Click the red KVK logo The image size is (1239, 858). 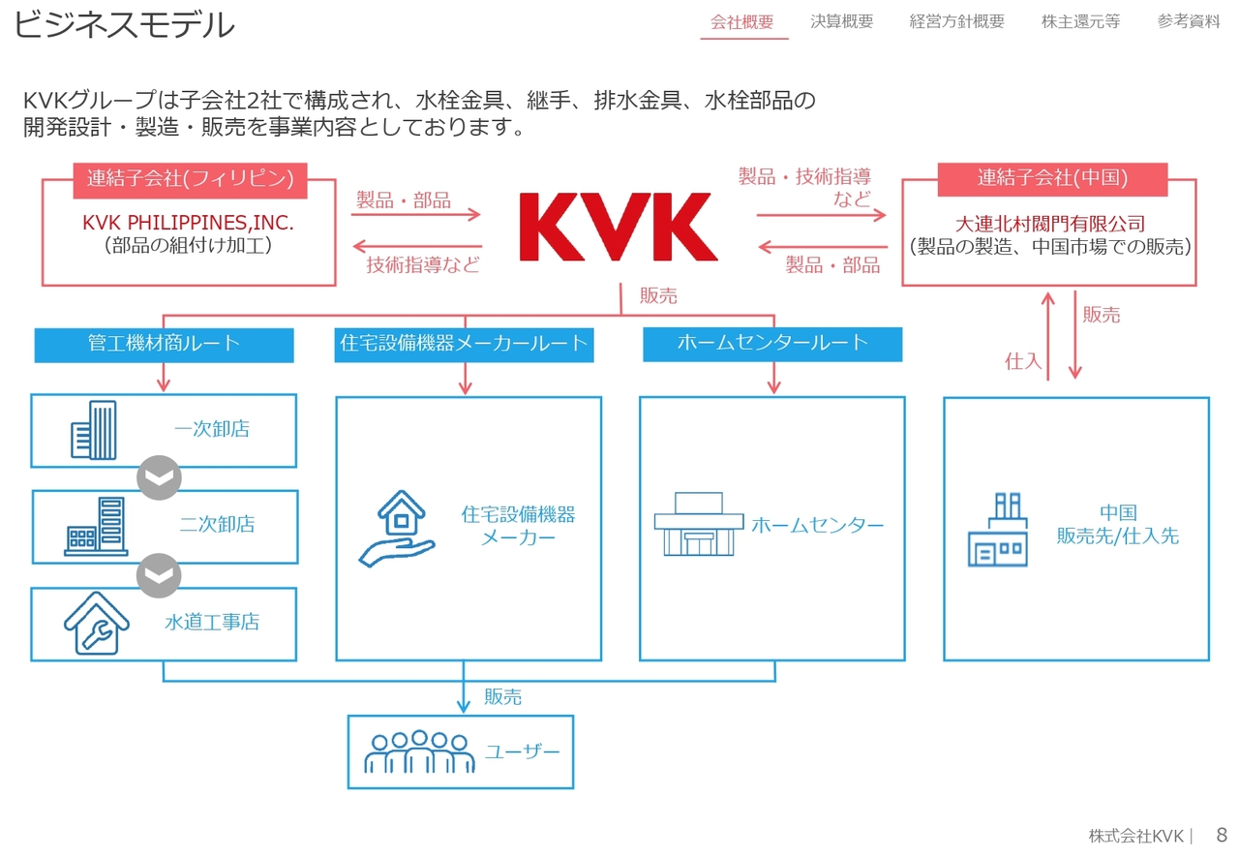[x=618, y=227]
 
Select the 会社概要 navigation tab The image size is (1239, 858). [x=742, y=22]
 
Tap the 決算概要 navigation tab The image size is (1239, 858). [x=841, y=22]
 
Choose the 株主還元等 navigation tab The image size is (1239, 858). [x=1080, y=22]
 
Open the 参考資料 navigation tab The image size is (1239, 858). [x=1189, y=22]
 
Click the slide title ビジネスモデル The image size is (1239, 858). [x=124, y=25]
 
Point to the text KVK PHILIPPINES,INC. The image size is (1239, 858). [x=188, y=224]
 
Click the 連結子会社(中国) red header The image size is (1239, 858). [x=1052, y=178]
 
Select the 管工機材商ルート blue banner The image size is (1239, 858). [x=164, y=344]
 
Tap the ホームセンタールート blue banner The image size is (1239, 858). [x=771, y=343]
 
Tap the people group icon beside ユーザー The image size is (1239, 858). [x=419, y=751]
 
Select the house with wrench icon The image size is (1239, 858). [x=96, y=623]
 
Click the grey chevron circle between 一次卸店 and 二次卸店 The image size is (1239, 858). [x=159, y=477]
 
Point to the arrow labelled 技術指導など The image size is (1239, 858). [x=416, y=247]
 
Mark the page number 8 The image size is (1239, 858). [x=1222, y=835]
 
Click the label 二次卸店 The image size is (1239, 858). [x=217, y=525]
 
